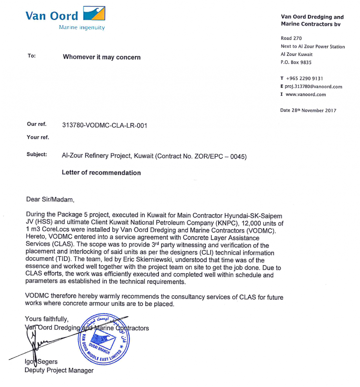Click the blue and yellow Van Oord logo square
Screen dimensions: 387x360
click(x=94, y=14)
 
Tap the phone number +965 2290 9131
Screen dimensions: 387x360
click(x=304, y=78)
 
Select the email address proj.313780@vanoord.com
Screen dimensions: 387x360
click(x=313, y=86)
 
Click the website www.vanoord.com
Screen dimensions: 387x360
click(x=306, y=94)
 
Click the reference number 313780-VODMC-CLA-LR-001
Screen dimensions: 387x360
click(x=105, y=125)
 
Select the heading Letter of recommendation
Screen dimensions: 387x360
click(x=101, y=173)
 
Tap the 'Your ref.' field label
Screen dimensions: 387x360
click(x=38, y=137)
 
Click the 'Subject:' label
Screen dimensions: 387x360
click(x=37, y=154)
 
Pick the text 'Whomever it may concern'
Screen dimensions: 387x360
click(x=102, y=57)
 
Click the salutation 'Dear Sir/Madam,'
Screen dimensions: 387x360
click(x=50, y=199)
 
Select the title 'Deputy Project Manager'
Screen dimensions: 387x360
click(x=59, y=370)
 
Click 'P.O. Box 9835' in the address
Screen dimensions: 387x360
click(x=296, y=62)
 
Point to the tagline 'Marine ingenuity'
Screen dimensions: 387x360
click(x=82, y=28)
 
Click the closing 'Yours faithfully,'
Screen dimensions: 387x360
click(x=47, y=319)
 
